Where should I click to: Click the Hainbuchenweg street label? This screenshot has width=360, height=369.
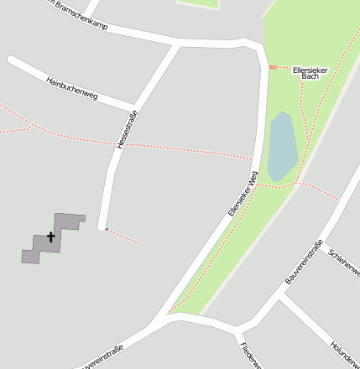[x=72, y=89]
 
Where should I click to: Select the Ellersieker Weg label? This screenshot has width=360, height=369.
[x=242, y=195]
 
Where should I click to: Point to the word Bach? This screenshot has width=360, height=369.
[x=310, y=76]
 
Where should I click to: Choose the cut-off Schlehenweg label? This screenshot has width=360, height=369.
[x=345, y=261]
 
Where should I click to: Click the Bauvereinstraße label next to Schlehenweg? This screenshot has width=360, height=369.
[x=304, y=262]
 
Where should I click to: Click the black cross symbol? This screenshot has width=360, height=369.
[x=50, y=237]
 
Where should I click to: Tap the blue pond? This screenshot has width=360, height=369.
[x=282, y=143]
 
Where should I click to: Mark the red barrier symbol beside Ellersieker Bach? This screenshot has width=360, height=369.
[x=272, y=66]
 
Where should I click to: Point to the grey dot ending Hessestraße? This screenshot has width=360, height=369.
[x=107, y=228]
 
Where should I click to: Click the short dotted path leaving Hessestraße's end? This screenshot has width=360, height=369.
[x=123, y=236]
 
